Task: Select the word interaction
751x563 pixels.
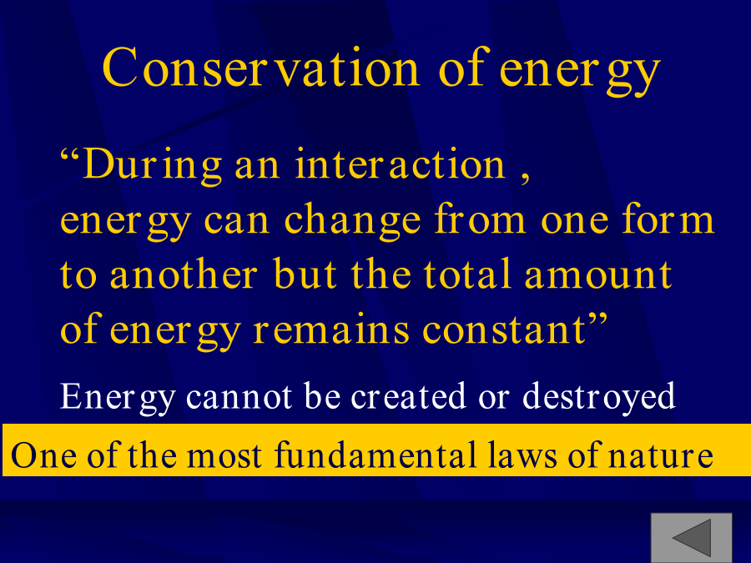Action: (400, 164)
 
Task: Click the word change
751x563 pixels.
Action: (352, 219)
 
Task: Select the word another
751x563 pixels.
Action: (184, 274)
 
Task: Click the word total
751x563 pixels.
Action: (468, 274)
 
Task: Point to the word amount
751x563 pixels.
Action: (598, 275)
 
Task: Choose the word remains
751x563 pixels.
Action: (331, 330)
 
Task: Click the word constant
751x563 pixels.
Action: (504, 330)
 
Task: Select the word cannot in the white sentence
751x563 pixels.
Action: (239, 396)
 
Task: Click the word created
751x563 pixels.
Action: (409, 396)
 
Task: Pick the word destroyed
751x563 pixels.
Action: (598, 397)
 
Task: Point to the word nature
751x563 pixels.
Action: (661, 455)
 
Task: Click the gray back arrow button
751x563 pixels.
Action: (691, 538)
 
